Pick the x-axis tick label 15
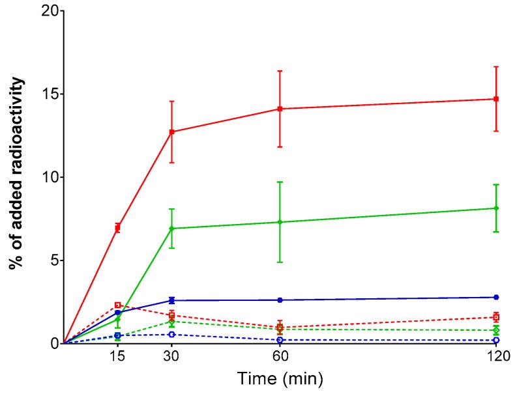[x=117, y=357]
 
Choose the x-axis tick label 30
[x=171, y=357]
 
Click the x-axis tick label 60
[x=280, y=357]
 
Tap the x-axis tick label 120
[x=496, y=357]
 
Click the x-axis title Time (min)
[x=279, y=378]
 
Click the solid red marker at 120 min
[x=496, y=99]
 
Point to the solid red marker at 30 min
[x=171, y=132]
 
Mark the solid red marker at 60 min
[x=280, y=109]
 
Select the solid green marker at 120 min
[x=496, y=208]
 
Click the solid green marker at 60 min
[x=280, y=222]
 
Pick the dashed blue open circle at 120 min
[x=496, y=340]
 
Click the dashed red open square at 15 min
[x=117, y=305]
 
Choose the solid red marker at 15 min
[x=117, y=228]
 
